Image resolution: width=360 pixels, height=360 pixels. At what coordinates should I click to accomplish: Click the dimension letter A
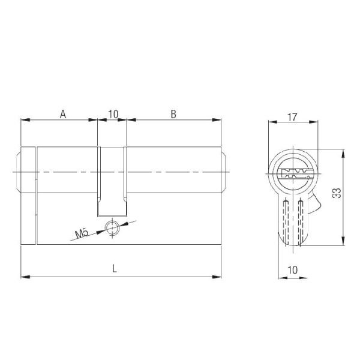tap(62, 113)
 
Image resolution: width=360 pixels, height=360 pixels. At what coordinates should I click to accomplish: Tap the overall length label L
tap(114, 269)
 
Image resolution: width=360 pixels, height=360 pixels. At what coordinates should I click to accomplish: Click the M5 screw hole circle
tap(111, 226)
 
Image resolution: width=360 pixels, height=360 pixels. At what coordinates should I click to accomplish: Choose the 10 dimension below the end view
tap(293, 270)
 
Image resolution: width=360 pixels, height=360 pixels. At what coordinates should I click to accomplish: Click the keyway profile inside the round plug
tap(293, 175)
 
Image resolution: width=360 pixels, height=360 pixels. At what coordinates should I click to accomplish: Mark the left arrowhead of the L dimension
tap(24, 277)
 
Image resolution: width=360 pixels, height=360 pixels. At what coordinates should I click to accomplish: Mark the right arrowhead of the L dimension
tap(217, 277)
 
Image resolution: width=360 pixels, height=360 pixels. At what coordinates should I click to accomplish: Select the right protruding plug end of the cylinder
tap(223, 173)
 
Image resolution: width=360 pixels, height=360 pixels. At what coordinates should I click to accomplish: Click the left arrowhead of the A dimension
tap(24, 121)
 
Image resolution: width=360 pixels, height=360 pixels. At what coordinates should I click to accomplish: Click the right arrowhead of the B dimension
tap(217, 121)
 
